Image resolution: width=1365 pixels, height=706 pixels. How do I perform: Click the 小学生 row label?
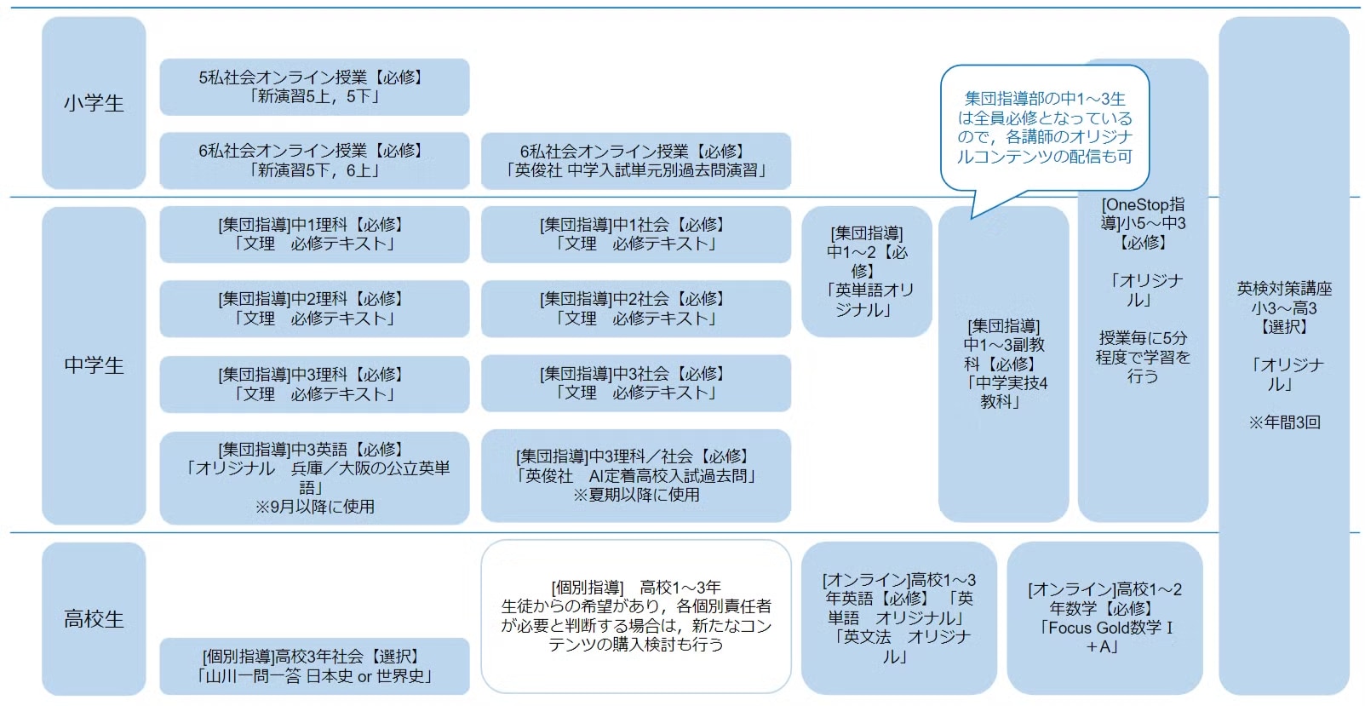coord(94,103)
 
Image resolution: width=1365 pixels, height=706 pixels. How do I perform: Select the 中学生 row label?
coord(94,365)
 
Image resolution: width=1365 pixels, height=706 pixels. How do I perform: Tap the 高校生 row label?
coord(94,618)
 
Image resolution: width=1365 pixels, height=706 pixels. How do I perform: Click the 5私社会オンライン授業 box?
coord(314,87)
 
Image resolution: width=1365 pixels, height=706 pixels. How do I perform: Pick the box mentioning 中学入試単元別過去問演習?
coord(635,160)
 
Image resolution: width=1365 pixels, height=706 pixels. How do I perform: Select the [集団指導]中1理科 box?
coord(314,234)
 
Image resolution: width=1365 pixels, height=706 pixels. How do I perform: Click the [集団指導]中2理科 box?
coord(314,308)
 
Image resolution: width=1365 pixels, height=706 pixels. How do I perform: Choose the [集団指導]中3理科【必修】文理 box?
coord(314,384)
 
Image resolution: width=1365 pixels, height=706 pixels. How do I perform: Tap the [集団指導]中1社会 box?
coord(635,234)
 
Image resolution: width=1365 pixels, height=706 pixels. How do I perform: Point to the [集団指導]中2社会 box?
coord(635,308)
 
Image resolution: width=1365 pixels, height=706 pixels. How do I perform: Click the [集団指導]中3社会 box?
coord(635,383)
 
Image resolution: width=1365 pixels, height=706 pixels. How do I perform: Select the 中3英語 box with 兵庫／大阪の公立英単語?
coord(314,478)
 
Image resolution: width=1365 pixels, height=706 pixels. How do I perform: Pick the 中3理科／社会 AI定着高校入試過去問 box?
coord(635,475)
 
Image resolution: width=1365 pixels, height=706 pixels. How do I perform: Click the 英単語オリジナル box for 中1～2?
coord(867,271)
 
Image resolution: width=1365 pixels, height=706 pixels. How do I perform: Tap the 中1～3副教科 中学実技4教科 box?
coord(1003,364)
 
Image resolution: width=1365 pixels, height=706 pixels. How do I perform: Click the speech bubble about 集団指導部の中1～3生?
coord(1045,128)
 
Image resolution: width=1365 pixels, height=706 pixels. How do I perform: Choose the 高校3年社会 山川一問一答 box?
coord(314,666)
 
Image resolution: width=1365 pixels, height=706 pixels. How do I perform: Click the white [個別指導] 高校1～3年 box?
coord(635,617)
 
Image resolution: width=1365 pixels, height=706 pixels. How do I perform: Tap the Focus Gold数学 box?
coord(1104,617)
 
